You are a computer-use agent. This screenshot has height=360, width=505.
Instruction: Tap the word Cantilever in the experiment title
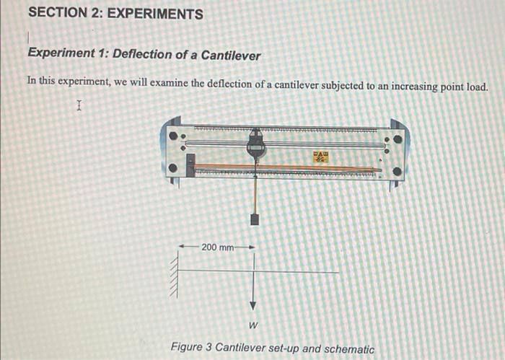point(230,55)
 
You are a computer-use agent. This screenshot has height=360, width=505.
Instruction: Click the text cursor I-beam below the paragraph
point(79,107)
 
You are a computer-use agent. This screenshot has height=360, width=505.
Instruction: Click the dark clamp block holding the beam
point(190,166)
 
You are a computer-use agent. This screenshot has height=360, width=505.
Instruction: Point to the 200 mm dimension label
point(217,247)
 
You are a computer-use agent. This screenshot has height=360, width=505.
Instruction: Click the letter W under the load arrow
point(253,325)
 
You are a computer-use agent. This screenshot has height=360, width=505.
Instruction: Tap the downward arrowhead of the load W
point(253,305)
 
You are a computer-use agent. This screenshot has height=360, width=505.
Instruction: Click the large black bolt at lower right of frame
point(398,172)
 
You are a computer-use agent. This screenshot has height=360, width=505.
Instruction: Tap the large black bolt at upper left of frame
point(173,135)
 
